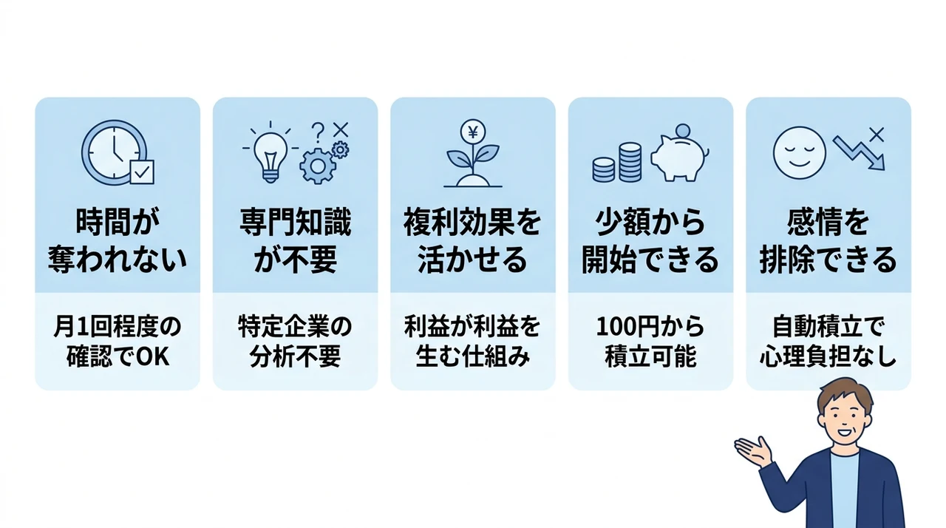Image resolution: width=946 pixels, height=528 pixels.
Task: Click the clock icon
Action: pyautogui.click(x=114, y=152)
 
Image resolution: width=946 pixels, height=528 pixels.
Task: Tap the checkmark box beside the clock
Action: pyautogui.click(x=142, y=172)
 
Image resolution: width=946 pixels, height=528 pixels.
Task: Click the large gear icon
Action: pyautogui.click(x=318, y=166)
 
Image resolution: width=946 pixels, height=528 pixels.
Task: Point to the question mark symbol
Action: pyautogui.click(x=318, y=132)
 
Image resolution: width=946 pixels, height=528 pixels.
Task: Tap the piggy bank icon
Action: pyautogui.click(x=679, y=154)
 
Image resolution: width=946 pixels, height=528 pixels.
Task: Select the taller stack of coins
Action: pyautogui.click(x=630, y=162)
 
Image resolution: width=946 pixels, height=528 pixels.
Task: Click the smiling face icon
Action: pyautogui.click(x=800, y=153)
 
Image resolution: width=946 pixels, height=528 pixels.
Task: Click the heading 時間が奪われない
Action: pyautogui.click(x=118, y=240)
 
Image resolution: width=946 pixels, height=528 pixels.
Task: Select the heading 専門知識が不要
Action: pyautogui.click(x=295, y=240)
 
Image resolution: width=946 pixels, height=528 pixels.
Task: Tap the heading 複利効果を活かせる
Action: pyautogui.click(x=472, y=240)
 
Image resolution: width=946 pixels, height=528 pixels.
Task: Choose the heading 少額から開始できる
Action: pyautogui.click(x=650, y=240)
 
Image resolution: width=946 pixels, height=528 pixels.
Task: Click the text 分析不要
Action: pyautogui.click(x=295, y=357)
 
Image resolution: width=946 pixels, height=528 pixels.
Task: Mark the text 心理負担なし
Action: pyautogui.click(x=828, y=357)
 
